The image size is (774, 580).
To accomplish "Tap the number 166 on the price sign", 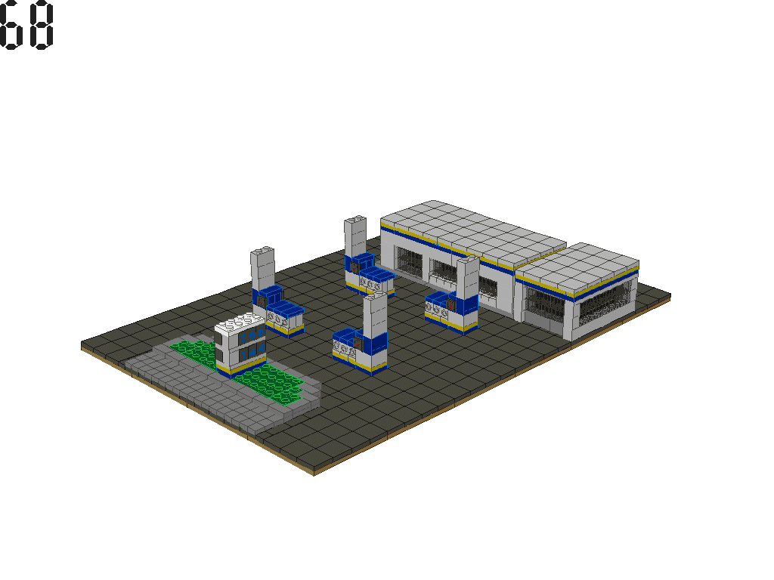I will pos(252,335).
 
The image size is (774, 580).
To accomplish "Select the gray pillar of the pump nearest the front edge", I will pos(374,316).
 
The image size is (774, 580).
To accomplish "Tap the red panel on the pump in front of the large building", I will pos(451,304).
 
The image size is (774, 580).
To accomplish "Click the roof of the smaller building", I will pos(578,264).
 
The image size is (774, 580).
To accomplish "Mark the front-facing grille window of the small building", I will pos(545,303).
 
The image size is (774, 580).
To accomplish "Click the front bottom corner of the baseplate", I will pos(314,473).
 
